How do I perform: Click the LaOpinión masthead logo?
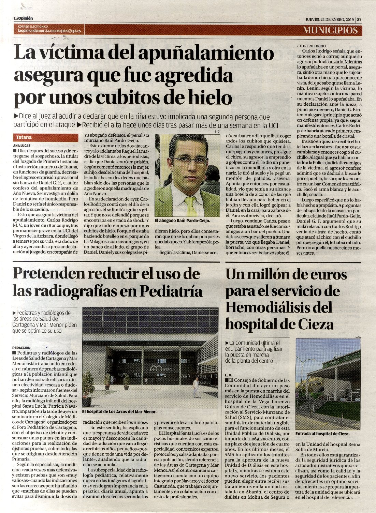click(x=24, y=18)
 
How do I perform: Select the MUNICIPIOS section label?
click(x=330, y=30)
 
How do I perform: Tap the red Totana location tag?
click(x=24, y=137)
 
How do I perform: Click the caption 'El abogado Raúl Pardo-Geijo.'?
click(x=182, y=221)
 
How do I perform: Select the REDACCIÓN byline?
click(x=21, y=348)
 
